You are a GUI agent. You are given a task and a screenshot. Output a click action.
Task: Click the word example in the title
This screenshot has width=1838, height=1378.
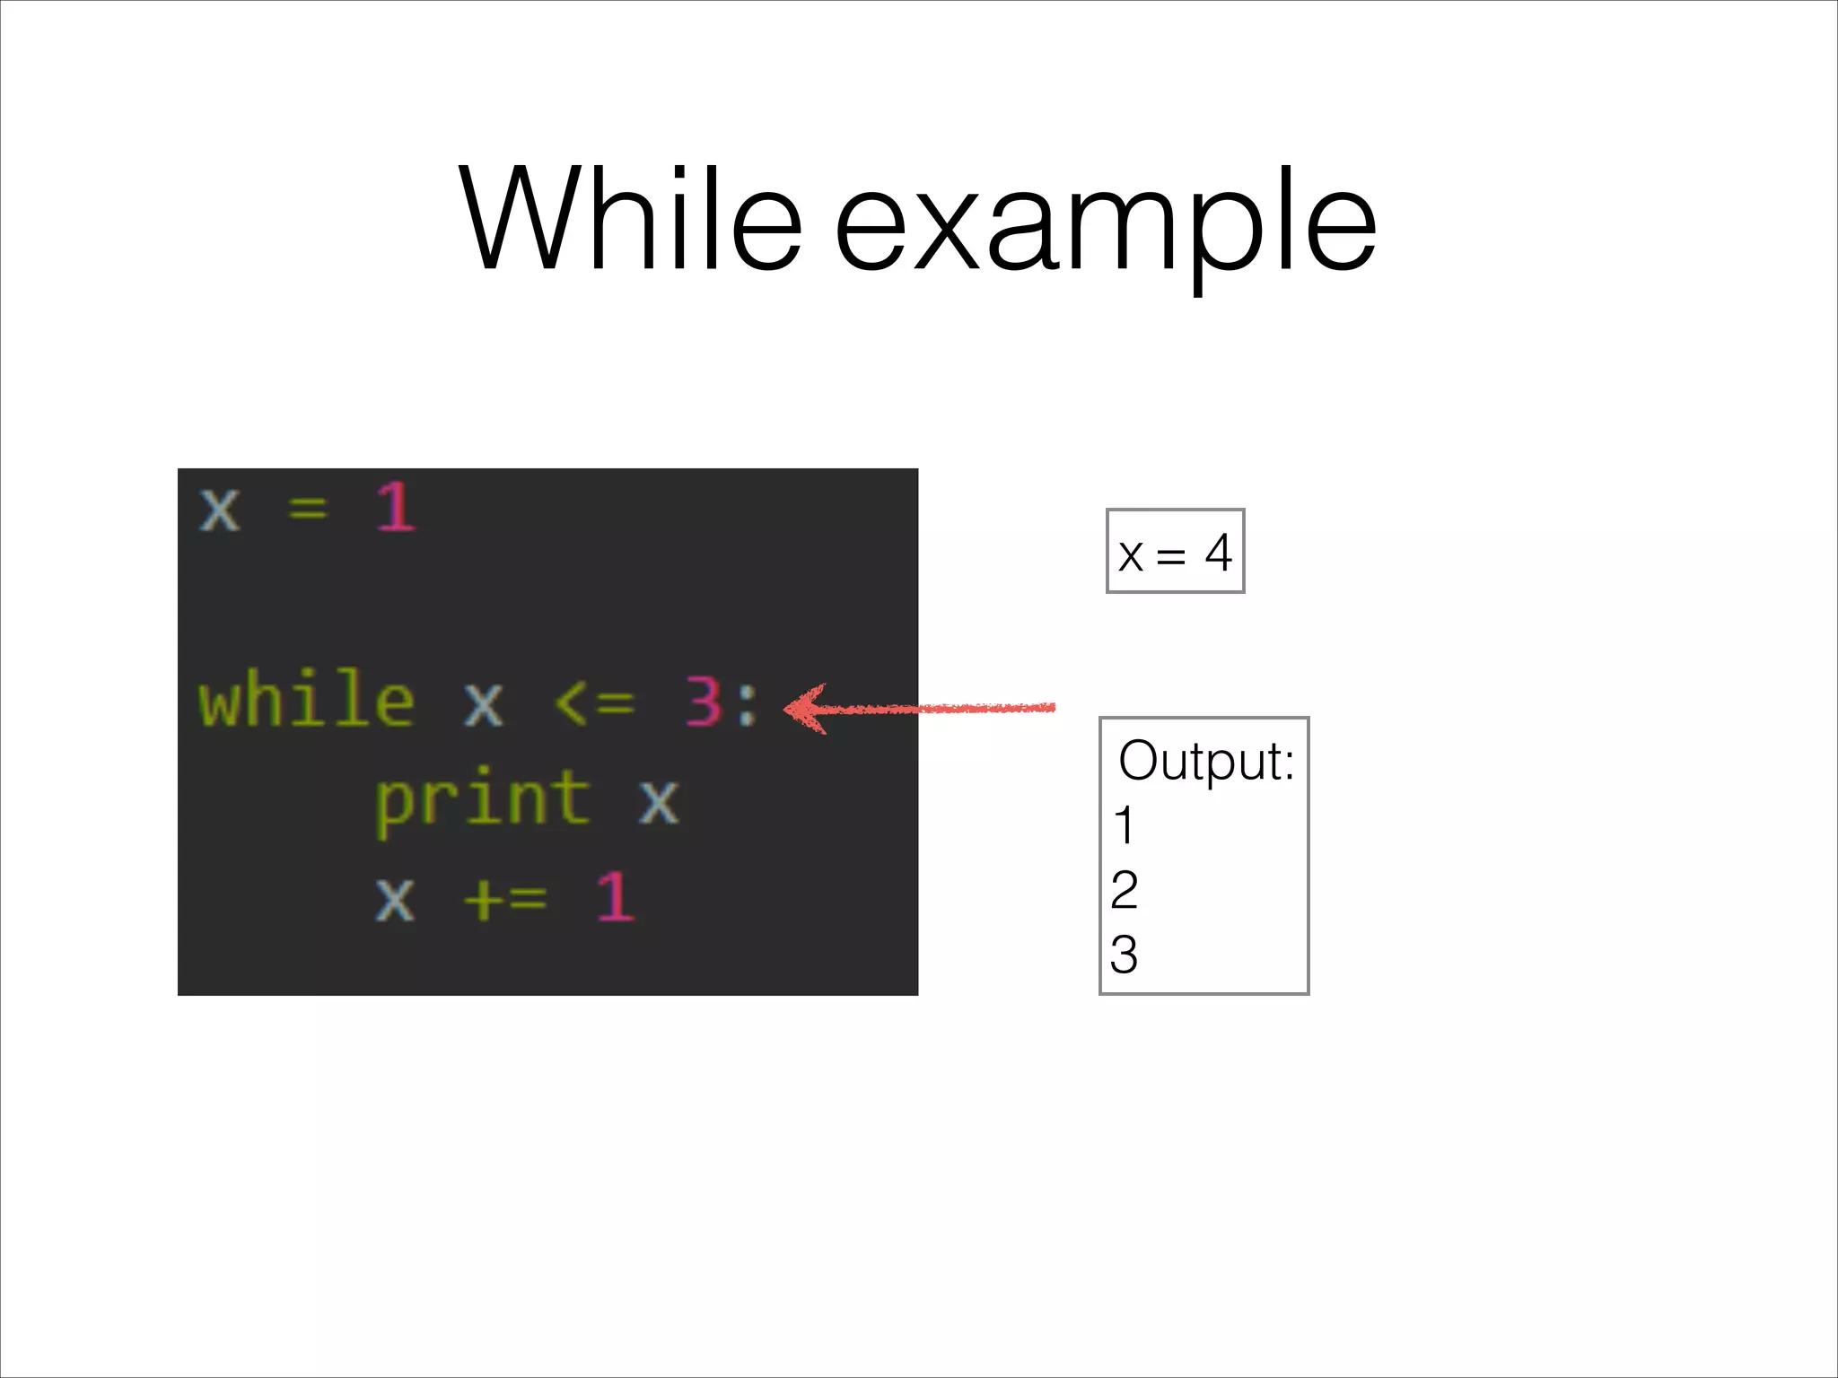click(1105, 224)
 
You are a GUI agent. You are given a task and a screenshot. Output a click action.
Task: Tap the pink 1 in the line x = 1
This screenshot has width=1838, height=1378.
click(396, 507)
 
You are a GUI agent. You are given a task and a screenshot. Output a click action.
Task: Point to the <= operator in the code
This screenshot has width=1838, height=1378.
click(593, 702)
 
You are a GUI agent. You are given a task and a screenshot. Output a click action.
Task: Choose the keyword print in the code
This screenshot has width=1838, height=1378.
click(482, 799)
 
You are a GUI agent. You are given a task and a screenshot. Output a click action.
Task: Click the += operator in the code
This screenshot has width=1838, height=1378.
click(505, 896)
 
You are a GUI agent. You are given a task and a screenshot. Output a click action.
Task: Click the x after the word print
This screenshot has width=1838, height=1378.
click(659, 800)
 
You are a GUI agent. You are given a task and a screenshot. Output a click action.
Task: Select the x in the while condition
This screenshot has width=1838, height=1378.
click(483, 704)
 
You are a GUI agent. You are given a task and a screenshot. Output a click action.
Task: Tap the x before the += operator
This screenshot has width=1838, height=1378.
click(395, 898)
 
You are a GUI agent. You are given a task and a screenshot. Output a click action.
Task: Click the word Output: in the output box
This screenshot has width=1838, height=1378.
click(1205, 761)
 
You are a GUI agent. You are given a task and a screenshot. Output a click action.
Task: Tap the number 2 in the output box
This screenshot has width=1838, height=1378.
click(1125, 890)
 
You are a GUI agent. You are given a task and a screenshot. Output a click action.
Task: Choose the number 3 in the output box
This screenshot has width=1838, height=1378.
click(1125, 955)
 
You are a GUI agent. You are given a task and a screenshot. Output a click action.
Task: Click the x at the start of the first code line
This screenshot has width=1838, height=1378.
click(220, 510)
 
